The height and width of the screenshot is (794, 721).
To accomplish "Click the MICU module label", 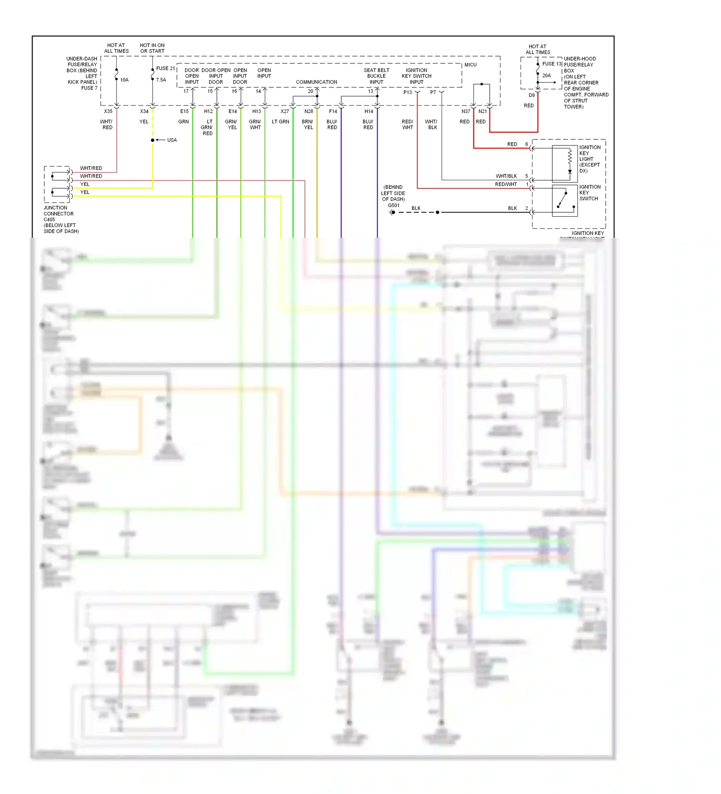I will tap(470, 65).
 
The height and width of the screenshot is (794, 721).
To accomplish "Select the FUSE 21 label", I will tap(165, 68).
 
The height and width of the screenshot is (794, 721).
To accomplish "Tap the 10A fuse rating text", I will tap(124, 80).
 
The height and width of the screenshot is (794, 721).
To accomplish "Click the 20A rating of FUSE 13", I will tap(547, 75).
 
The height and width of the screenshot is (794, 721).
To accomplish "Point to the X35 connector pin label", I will tap(108, 111).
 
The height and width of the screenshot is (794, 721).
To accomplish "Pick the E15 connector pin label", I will tap(184, 111).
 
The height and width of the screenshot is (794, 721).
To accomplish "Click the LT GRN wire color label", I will tap(280, 122).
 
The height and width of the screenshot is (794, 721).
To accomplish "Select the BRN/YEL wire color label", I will tap(308, 124).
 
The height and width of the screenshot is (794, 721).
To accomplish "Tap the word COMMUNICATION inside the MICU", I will tap(316, 82).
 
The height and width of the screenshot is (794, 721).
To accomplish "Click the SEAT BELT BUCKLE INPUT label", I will tap(376, 76).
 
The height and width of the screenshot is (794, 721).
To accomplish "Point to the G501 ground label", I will tap(393, 205).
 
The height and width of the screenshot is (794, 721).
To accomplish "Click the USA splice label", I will tap(172, 140).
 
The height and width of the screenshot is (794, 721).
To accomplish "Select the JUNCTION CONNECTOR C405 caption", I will tap(59, 214).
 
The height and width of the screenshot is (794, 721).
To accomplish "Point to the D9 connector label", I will tap(532, 95).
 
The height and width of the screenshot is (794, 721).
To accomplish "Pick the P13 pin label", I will tap(408, 92).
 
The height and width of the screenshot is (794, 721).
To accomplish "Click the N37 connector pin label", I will tap(465, 111).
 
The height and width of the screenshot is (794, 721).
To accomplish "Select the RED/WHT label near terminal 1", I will tap(506, 184).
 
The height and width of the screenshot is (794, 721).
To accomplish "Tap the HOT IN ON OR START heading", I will tap(152, 48).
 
